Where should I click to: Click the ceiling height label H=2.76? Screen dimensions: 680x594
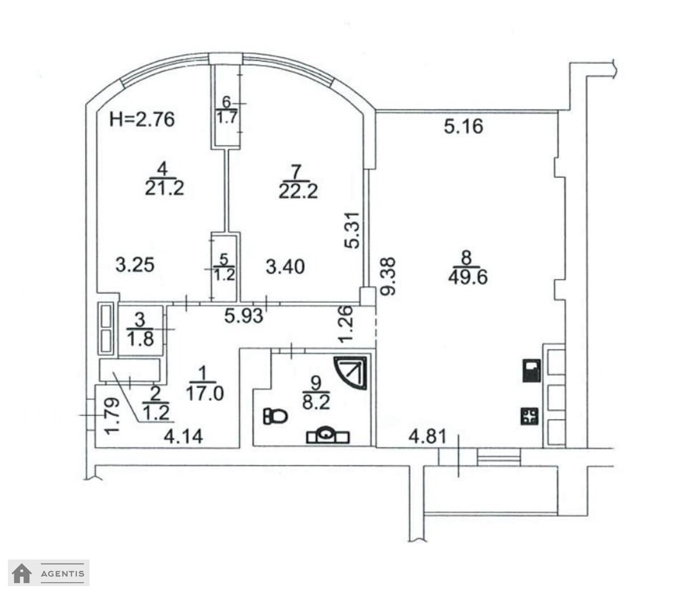point(142,119)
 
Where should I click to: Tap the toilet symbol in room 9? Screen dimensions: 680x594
point(275,416)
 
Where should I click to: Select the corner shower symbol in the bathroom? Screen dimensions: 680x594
point(351,373)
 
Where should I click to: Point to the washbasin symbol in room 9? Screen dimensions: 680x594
point(328,435)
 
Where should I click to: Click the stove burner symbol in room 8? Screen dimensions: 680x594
point(529,416)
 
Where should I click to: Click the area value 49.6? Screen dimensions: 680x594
point(467,277)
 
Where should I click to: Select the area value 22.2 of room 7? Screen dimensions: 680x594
point(298,191)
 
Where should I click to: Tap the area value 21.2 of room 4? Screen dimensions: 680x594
point(164,188)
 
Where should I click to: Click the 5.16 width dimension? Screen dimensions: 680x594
point(464,126)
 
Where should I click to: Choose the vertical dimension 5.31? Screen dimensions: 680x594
point(352,230)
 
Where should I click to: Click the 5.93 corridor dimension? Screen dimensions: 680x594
point(244,316)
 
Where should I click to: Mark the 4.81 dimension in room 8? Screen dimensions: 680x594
point(427,437)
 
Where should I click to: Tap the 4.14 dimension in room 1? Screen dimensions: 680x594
point(183,437)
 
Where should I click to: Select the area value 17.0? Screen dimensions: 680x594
point(205,394)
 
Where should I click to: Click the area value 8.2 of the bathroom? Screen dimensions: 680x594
point(316,403)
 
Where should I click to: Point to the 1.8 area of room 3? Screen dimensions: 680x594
point(140,339)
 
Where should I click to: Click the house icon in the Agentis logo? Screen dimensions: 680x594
point(22,572)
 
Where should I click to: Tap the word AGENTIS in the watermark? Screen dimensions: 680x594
point(62,574)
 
